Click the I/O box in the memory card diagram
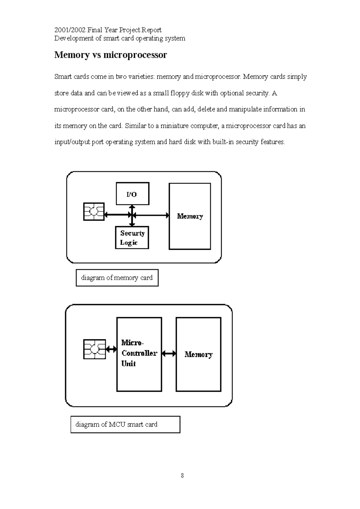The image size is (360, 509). coord(133,194)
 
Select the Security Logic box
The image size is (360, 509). coord(132,238)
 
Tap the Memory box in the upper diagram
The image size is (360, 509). coord(190,216)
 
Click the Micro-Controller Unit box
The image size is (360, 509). coord(139,354)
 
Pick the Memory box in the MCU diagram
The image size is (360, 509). coord(198,354)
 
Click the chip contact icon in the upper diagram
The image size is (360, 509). coord(94,212)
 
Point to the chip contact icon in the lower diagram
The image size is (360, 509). coord(94,349)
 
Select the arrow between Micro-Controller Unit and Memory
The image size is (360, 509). coord(169,354)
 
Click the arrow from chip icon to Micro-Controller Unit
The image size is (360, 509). coord(111,349)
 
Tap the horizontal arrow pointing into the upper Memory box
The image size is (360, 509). coord(151,215)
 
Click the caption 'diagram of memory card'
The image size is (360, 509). coord(117,278)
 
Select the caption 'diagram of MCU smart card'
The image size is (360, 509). coord(116,424)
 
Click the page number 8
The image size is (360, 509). coord(182,476)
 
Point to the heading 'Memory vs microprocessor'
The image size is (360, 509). coord(110,55)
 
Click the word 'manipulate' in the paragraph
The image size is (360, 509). coord(245,109)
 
